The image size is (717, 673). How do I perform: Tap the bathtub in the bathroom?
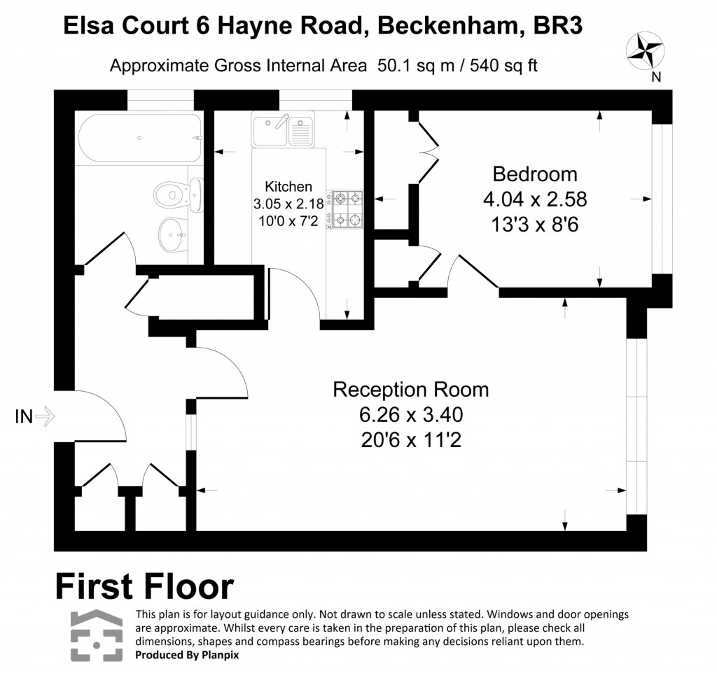coord(138,139)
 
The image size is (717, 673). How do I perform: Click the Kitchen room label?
coord(288,187)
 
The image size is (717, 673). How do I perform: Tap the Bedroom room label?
coord(534,173)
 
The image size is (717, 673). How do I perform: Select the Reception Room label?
coord(410,389)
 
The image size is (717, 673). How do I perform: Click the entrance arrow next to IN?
coord(45,417)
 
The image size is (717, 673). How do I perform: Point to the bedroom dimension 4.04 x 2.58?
coord(534,199)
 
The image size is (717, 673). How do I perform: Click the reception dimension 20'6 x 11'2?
coord(411,441)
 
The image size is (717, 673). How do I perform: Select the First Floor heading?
coord(144,586)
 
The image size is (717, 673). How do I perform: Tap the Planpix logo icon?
coord(97,635)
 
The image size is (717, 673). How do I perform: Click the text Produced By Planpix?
coord(186,656)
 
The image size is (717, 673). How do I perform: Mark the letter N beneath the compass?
coord(656,78)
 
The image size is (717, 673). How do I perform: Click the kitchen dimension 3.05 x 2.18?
coord(288,204)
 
